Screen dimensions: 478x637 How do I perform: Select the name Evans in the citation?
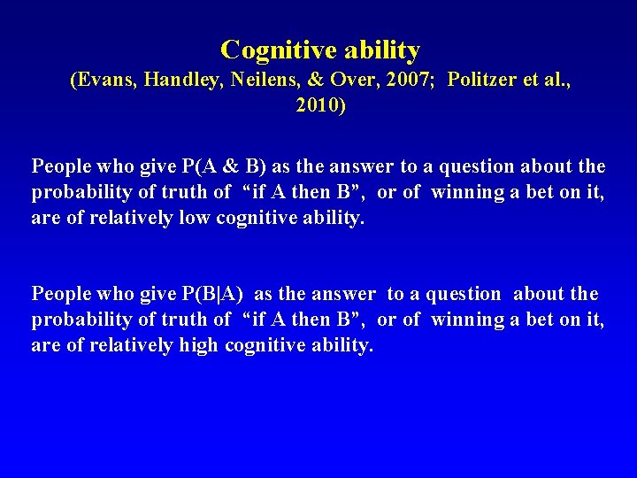click(103, 80)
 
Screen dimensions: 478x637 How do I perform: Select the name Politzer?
click(485, 80)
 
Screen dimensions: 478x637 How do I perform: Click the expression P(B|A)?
click(216, 294)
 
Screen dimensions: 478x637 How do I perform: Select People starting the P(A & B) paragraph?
click(60, 166)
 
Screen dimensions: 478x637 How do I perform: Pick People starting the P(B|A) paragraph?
click(60, 294)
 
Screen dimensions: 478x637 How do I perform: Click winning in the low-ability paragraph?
click(467, 192)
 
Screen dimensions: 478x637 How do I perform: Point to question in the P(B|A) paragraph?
click(458, 294)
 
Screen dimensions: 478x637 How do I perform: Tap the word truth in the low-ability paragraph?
click(184, 192)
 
